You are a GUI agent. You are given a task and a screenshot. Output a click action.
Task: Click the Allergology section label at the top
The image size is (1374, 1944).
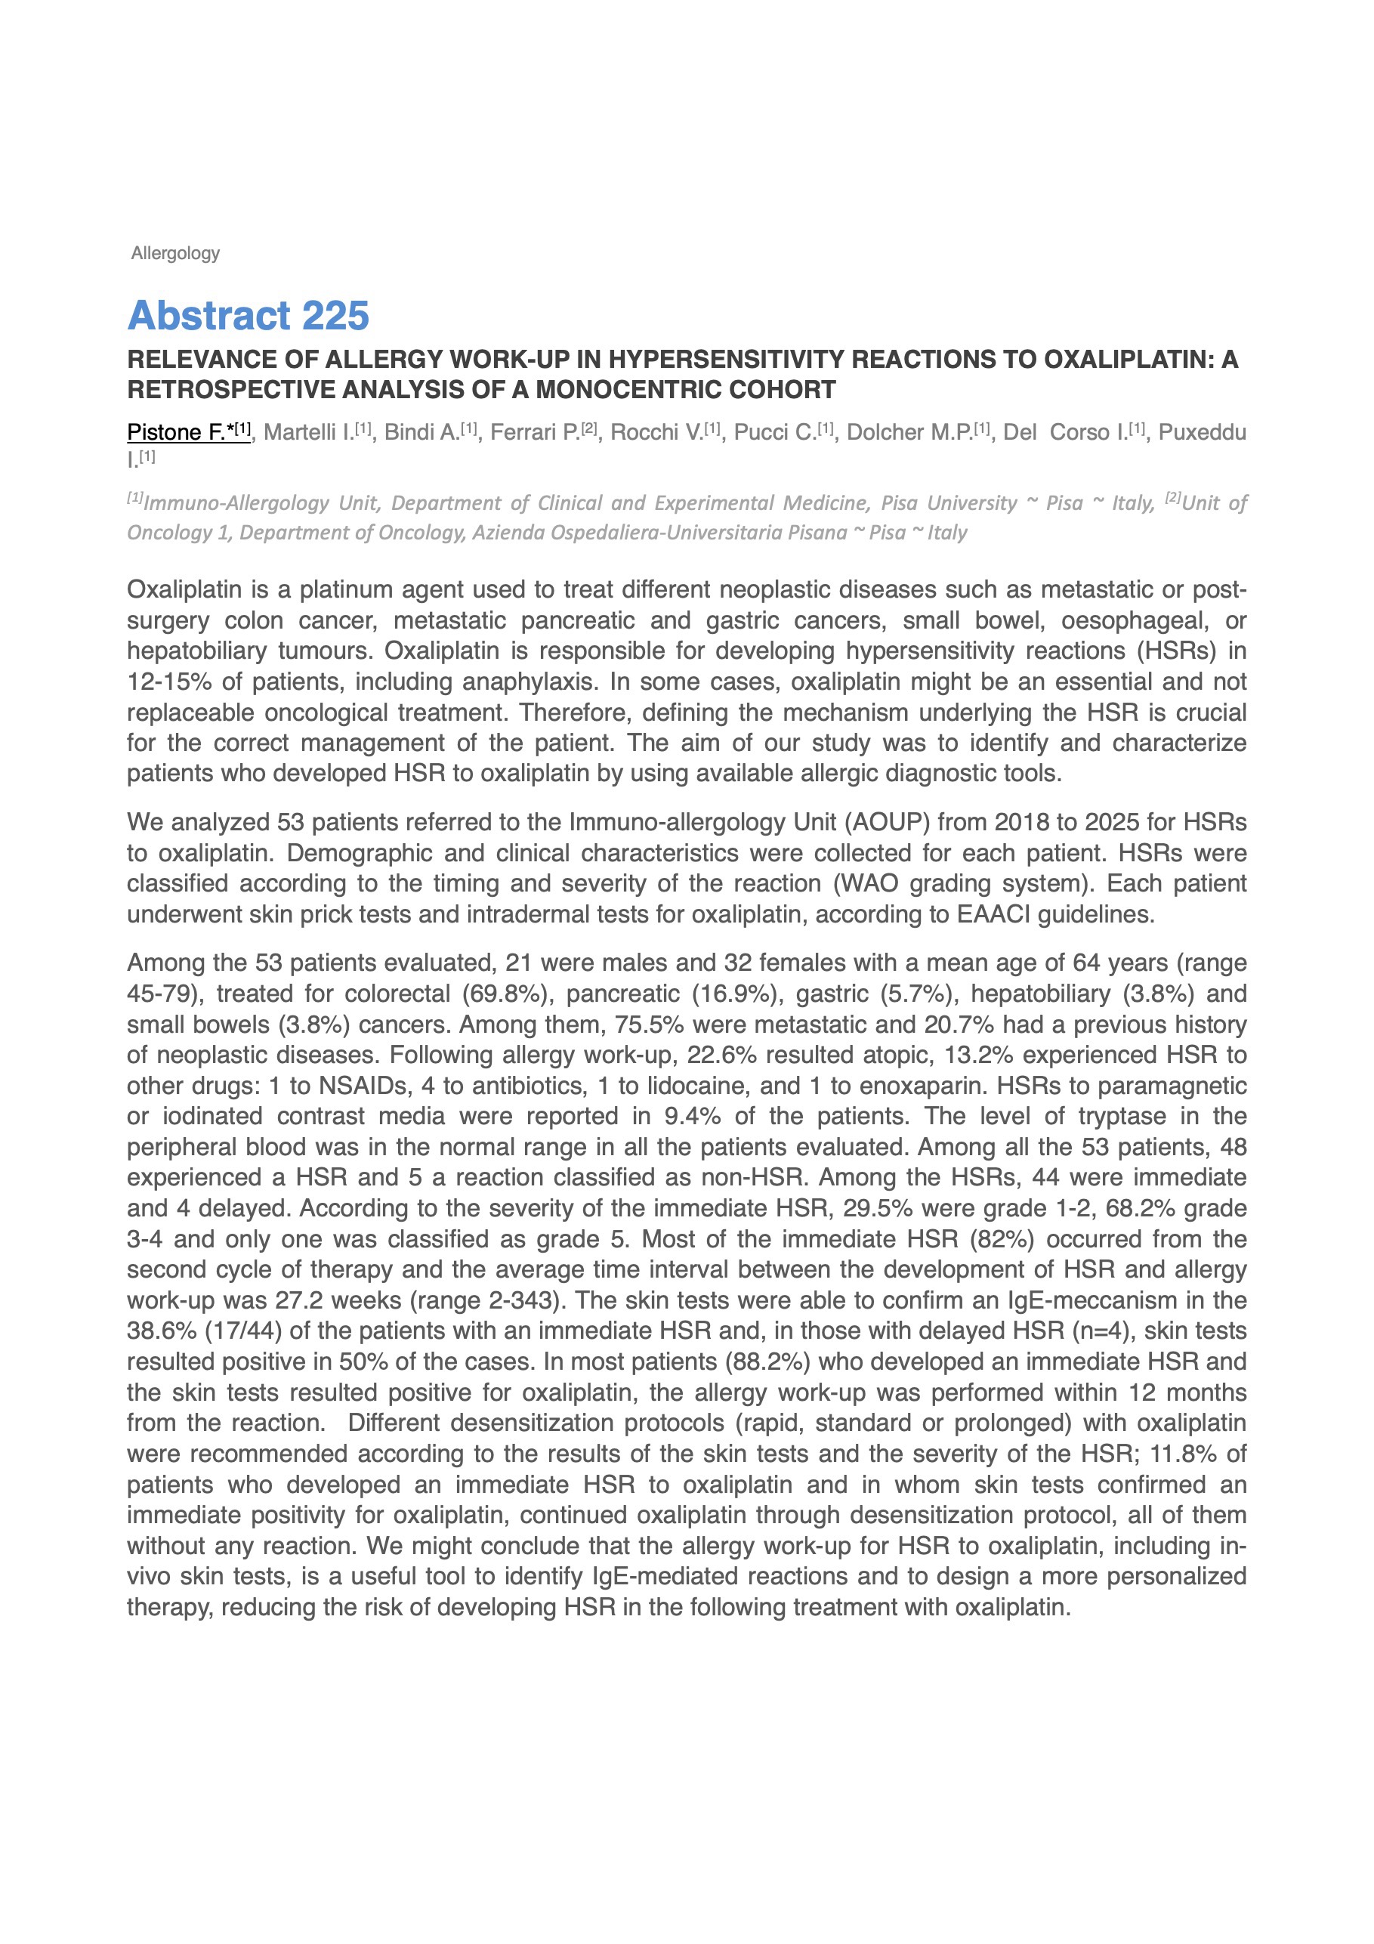pos(175,253)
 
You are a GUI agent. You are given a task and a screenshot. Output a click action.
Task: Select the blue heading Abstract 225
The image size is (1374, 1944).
pos(248,316)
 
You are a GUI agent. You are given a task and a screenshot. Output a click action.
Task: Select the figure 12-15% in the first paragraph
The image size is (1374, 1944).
pos(169,681)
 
